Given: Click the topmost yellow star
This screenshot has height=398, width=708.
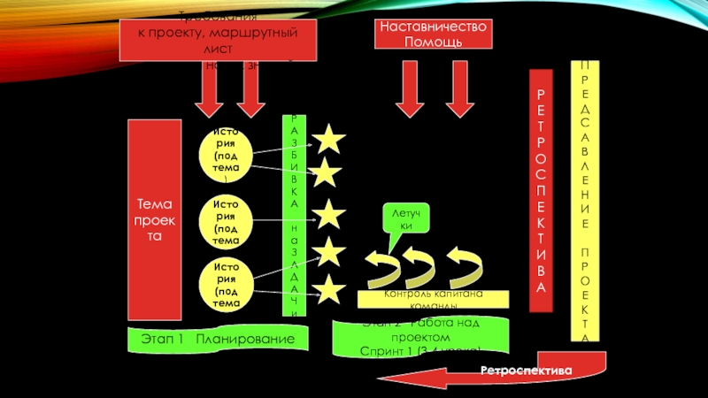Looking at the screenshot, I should click(x=328, y=138).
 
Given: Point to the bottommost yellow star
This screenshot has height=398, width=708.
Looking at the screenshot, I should click(x=328, y=289).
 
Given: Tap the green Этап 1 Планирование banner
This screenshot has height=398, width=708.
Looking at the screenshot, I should click(x=211, y=339).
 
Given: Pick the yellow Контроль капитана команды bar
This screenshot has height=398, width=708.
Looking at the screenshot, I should click(x=433, y=298).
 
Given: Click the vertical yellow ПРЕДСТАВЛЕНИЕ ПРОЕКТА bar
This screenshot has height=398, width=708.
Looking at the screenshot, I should click(x=584, y=202).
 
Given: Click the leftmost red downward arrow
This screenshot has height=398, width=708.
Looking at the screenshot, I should click(x=209, y=91).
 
